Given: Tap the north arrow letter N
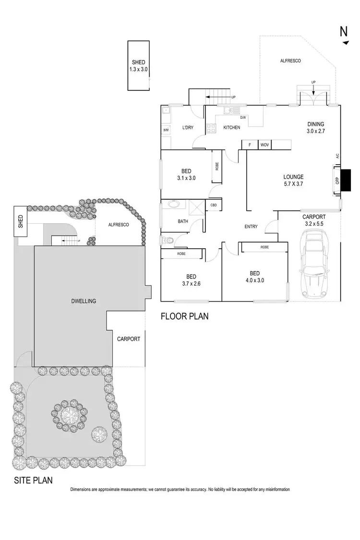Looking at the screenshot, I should coord(344,32).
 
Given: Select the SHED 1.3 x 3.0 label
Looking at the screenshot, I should coord(138,66).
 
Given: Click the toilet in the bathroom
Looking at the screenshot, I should coord(166,239).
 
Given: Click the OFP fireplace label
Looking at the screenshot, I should coord(337,180).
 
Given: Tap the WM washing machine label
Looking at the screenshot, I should coord(166,130).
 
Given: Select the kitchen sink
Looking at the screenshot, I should coord(229,110).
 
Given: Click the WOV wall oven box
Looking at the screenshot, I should coord(264,145).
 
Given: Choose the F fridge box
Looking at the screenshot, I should coord(250,145).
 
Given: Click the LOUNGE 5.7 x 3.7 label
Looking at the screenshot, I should coord(293,180).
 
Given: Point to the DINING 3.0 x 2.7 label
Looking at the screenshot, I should coord(315,127).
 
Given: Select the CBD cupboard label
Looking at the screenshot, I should coord(213,205).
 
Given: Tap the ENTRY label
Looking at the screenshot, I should coord(251,227).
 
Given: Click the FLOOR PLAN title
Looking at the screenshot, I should coord(184,316).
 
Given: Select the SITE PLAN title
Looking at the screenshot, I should coord(33,480).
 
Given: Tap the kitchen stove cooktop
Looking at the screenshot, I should coord(211,128).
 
